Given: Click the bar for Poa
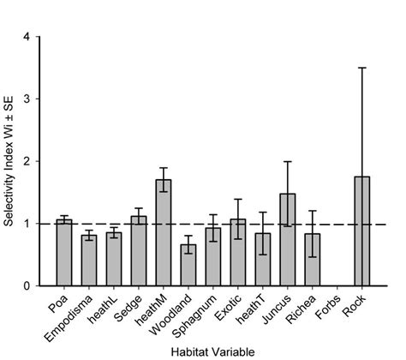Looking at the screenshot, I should (63, 253).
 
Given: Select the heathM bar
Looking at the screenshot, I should (163, 232).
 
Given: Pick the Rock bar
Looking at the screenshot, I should (361, 231).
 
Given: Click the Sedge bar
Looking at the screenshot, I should (138, 250).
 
